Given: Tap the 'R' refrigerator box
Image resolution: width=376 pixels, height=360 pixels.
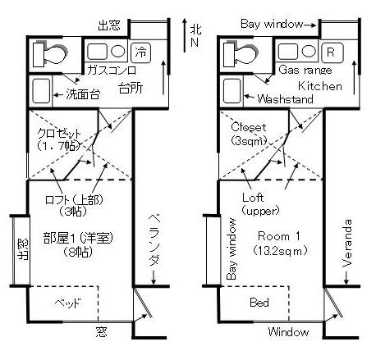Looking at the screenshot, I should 331,52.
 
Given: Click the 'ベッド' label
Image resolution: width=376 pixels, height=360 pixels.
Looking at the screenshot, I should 67,303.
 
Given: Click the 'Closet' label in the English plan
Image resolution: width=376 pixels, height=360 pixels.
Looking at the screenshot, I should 247,127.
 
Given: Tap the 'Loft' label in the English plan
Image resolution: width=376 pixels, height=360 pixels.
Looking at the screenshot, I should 253,198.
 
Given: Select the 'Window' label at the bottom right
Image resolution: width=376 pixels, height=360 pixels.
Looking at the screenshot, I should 288,332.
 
